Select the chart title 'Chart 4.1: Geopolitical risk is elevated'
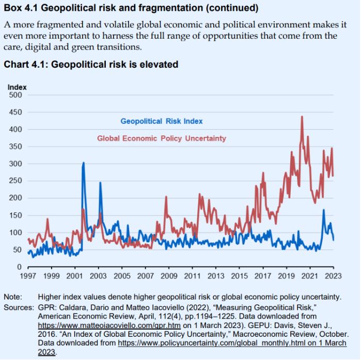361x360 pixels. pos(91,65)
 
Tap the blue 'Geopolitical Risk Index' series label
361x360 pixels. pos(162,121)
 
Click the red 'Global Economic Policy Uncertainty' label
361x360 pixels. pos(162,138)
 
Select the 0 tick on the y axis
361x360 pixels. pos(19,267)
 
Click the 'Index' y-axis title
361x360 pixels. pos(17,87)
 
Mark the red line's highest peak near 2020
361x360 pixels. pos(302,117)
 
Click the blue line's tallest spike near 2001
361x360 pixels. pos(83,163)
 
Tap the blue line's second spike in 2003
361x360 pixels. pos(100,182)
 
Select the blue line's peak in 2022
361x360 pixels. pos(323,210)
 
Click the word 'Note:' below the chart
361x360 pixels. pos(13,296)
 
